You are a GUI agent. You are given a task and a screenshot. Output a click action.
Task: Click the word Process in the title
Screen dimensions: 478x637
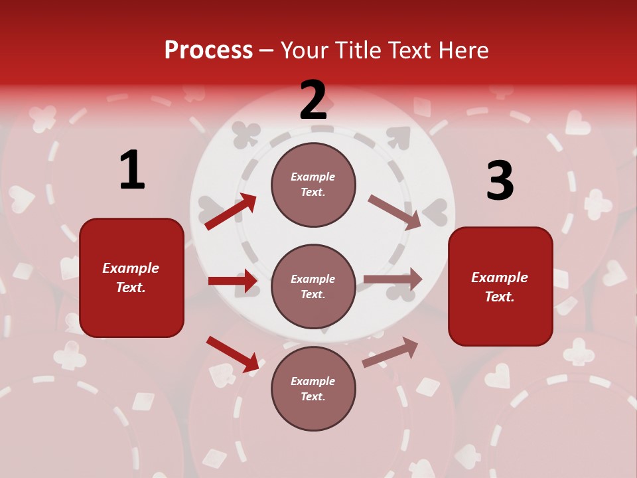pyautogui.click(x=208, y=50)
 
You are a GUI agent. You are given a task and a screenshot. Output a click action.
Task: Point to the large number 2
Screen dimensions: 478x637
pyautogui.click(x=313, y=100)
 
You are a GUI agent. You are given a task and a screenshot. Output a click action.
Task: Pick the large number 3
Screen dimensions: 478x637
pyautogui.click(x=500, y=181)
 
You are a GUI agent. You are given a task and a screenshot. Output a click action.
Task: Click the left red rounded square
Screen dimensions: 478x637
pyautogui.click(x=131, y=278)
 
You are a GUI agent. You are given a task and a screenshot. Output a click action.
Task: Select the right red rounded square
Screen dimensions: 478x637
pyautogui.click(x=500, y=286)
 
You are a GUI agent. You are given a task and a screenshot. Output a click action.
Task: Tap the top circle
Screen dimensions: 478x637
pyautogui.click(x=313, y=185)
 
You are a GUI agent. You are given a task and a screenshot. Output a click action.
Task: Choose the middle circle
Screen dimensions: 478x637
pyautogui.click(x=313, y=286)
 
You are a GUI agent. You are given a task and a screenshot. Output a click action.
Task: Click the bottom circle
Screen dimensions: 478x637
pyautogui.click(x=313, y=388)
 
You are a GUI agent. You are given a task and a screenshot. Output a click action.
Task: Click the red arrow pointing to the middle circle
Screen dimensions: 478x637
pyautogui.click(x=233, y=281)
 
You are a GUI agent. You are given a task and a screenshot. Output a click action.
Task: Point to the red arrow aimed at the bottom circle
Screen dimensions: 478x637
pyautogui.click(x=233, y=354)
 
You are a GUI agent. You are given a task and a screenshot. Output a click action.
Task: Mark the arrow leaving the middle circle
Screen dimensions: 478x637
pyautogui.click(x=393, y=279)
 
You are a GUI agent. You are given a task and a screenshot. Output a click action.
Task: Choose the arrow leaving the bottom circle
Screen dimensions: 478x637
pyautogui.click(x=390, y=353)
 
